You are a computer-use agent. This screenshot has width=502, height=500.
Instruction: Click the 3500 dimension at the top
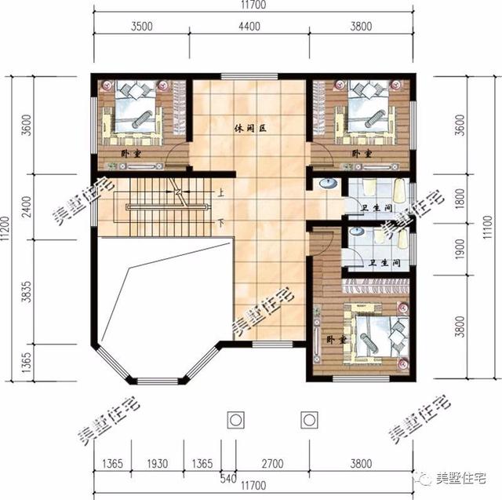142,26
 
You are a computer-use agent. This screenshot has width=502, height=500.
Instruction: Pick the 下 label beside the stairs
221,221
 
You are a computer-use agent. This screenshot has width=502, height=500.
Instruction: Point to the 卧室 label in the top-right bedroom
362,153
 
